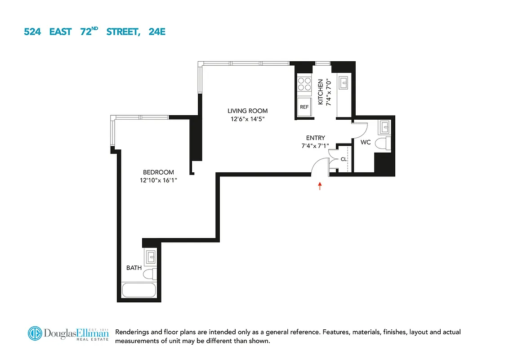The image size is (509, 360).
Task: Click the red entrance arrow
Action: [x=320, y=186]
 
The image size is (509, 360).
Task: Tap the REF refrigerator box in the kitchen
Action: [x=304, y=107]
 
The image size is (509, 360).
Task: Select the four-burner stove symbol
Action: [x=304, y=85]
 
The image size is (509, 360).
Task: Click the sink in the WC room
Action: [x=385, y=127]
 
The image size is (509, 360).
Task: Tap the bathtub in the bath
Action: [x=138, y=290]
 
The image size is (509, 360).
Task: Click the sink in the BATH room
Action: [x=150, y=257]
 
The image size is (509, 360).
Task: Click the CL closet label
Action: [x=343, y=159]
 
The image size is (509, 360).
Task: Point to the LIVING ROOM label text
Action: [x=247, y=111]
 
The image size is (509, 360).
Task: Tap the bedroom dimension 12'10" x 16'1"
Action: [x=158, y=180]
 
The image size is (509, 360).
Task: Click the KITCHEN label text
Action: [x=321, y=92]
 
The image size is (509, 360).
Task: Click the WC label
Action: [x=366, y=143]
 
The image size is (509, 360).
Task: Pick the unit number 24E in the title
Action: [x=157, y=32]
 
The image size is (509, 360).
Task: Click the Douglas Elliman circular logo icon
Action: [x=35, y=333]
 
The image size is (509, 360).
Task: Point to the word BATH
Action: [x=134, y=268]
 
